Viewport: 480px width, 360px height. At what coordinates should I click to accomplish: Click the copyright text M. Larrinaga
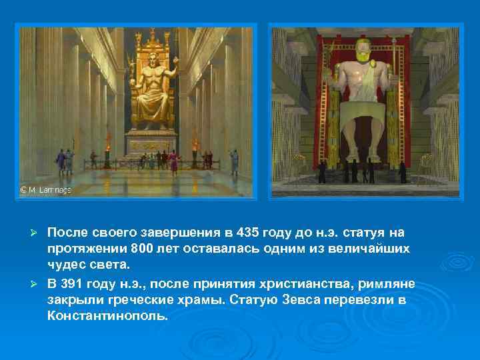click(45, 190)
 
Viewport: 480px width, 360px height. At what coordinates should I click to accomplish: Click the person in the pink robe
click(175, 160)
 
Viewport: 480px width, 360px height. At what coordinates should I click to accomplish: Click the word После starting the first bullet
click(67, 233)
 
